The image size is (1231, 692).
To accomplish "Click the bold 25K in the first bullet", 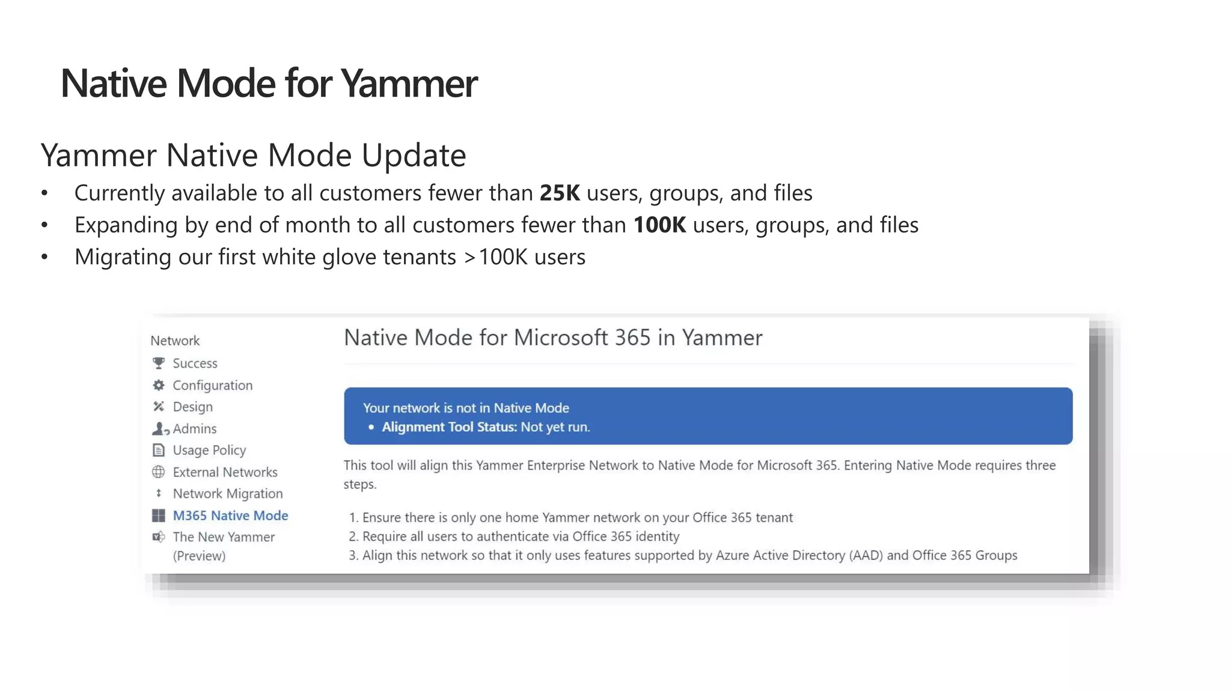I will (560, 193).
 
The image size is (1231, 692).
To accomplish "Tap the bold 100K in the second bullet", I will (659, 225).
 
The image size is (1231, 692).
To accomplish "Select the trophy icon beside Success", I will (159, 363).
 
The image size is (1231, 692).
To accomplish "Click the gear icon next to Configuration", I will (159, 385).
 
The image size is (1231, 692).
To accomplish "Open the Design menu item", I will (192, 407).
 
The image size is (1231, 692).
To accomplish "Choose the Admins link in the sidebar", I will (194, 429).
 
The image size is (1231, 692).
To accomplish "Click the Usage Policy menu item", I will (209, 451).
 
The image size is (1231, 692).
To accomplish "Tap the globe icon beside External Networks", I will (159, 472).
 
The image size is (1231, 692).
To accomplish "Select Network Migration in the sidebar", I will (227, 494).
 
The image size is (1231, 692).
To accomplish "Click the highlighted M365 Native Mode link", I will (230, 515).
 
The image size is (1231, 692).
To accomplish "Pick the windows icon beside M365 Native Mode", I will (159, 515).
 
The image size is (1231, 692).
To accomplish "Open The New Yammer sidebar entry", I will (224, 537).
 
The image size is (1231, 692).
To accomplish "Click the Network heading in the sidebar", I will (175, 341).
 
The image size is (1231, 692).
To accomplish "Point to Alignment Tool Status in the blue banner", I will (449, 427).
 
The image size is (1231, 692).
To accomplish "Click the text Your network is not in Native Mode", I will (466, 408).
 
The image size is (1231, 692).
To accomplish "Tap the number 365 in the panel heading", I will (632, 338).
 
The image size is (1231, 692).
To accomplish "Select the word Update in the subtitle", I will (414, 156).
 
